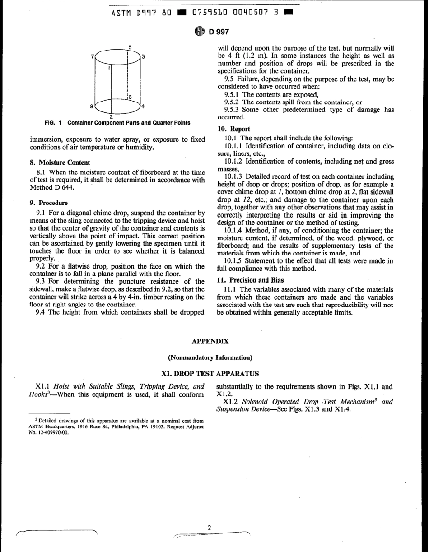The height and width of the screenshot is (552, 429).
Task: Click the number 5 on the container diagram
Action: [130, 47]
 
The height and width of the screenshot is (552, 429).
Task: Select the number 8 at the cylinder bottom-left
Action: [92, 107]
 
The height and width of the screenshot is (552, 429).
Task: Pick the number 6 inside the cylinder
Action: [129, 97]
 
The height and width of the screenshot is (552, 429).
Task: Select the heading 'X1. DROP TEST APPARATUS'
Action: [210, 374]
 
